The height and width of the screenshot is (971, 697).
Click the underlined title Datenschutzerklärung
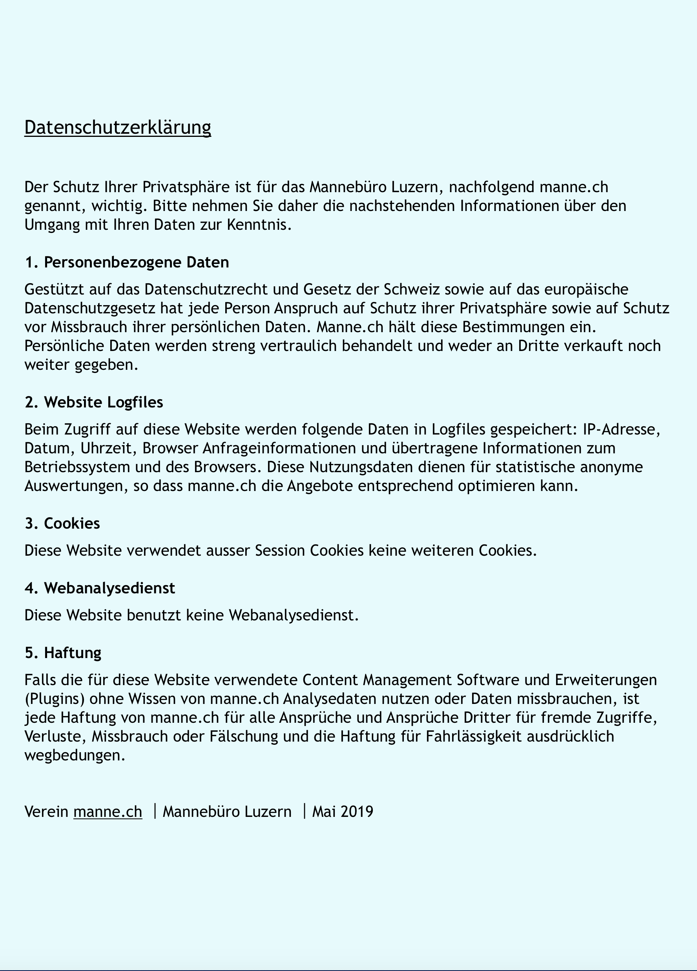point(117,127)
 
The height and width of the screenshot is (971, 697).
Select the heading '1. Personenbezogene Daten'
point(127,262)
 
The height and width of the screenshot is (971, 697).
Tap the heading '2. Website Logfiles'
point(94,402)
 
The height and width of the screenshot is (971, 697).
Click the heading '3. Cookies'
point(62,523)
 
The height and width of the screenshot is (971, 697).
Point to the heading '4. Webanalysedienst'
point(100,588)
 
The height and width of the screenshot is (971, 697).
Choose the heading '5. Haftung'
point(63,653)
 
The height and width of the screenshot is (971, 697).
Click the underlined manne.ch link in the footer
point(108,811)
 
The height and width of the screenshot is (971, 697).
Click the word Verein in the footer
point(46,811)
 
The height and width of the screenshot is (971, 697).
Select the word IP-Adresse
point(621,429)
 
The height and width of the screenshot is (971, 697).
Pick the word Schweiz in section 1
point(411,289)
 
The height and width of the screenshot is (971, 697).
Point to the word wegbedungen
point(75,755)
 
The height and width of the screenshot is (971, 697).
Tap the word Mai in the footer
point(324,811)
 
